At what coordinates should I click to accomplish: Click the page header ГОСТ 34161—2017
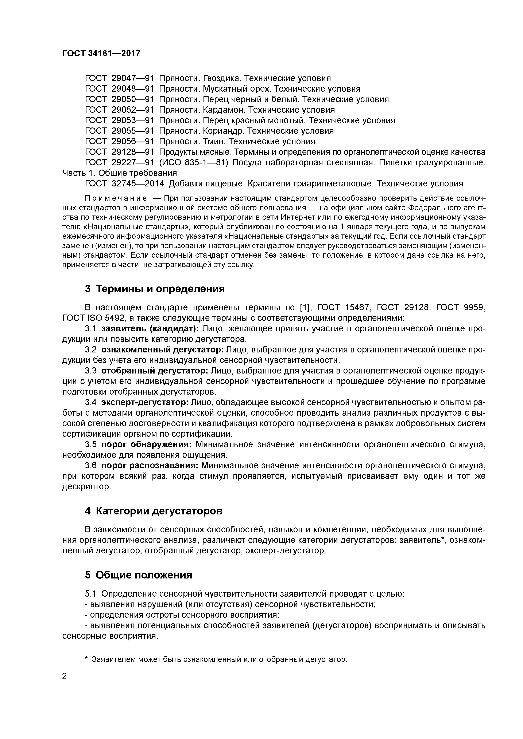(x=101, y=53)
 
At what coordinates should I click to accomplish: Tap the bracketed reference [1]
(x=305, y=308)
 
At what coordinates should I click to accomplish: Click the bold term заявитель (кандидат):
(x=150, y=329)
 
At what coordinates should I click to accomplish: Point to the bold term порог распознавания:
(x=150, y=465)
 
